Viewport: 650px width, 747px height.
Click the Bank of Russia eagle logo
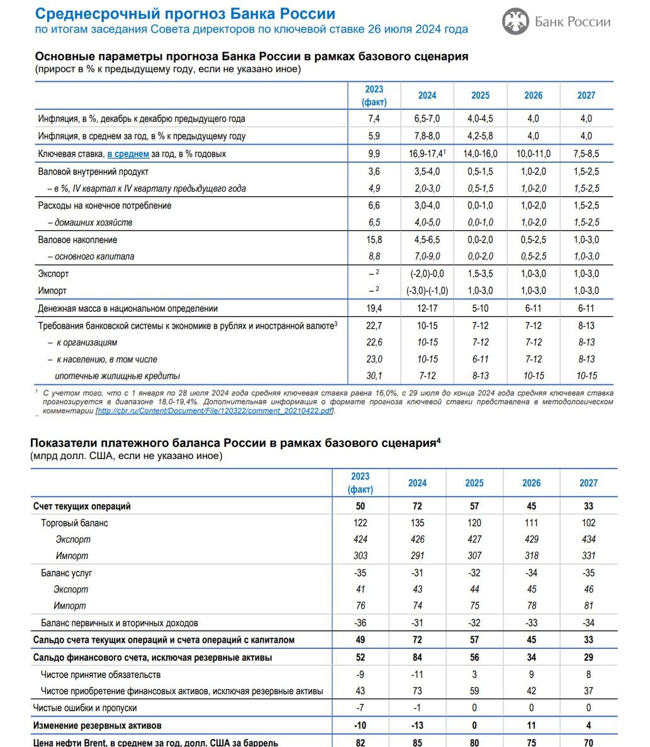point(515,22)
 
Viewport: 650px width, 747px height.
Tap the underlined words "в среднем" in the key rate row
point(128,154)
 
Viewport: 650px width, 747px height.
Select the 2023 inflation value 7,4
point(374,119)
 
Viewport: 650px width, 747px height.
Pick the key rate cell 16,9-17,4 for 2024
point(425,154)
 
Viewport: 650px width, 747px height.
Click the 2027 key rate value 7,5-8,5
point(586,154)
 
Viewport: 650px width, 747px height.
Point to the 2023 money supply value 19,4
point(374,309)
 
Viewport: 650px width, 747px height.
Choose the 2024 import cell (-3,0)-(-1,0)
point(427,290)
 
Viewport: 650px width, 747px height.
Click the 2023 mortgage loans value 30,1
point(374,376)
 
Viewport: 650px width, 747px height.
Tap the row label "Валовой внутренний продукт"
point(94,172)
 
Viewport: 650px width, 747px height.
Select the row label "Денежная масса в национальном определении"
point(128,309)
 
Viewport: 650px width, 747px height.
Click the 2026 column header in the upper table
point(533,96)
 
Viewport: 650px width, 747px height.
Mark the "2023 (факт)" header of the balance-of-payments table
point(361,482)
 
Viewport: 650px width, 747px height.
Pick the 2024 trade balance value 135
point(417,523)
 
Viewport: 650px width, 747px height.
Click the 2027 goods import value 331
point(588,556)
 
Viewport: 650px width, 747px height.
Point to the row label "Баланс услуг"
point(67,573)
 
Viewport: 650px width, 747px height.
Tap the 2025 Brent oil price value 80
point(474,743)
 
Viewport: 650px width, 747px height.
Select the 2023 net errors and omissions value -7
point(361,708)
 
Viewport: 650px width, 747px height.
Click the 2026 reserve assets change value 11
point(531,725)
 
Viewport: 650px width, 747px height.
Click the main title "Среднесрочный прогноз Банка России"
point(185,14)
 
